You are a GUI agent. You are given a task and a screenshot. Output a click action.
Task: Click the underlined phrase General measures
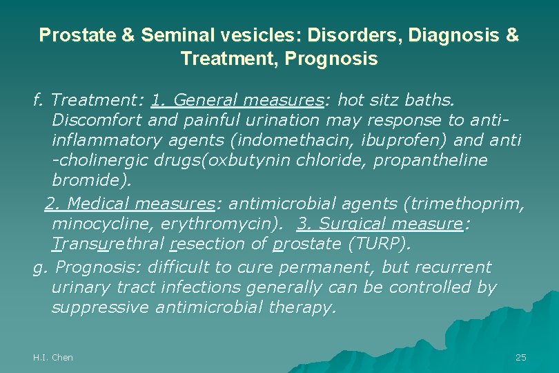click(248, 101)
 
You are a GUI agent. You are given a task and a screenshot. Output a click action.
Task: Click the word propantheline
click(438, 160)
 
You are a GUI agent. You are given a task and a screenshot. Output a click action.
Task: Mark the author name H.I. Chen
click(53, 357)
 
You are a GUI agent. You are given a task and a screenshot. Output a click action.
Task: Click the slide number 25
click(521, 357)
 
